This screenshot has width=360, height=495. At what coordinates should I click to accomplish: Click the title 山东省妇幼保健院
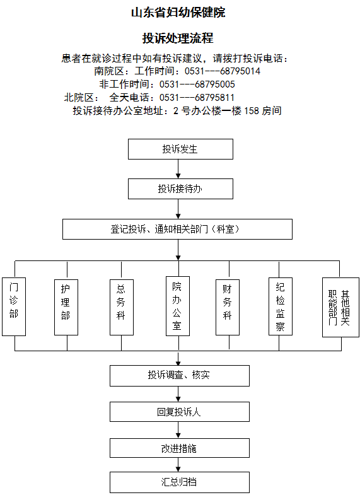pyautogui.click(x=178, y=13)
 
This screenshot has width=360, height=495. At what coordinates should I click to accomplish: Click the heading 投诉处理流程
pyautogui.click(x=178, y=38)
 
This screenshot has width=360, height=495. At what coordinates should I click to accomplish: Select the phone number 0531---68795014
pyautogui.click(x=223, y=71)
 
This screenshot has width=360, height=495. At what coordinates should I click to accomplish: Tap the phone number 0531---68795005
pyautogui.click(x=197, y=84)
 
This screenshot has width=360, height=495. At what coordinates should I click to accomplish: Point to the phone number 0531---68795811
pyautogui.click(x=197, y=98)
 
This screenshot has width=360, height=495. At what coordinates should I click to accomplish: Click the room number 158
pyautogui.click(x=252, y=111)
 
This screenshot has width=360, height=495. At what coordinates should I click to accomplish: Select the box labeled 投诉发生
pyautogui.click(x=180, y=149)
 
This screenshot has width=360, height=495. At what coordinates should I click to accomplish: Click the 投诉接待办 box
pyautogui.click(x=180, y=189)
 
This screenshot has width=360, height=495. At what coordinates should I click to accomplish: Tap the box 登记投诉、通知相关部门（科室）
pyautogui.click(x=177, y=229)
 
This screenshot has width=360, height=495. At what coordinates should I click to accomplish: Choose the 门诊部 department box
pyautogui.click(x=14, y=306)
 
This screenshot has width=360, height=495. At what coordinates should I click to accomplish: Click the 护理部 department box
pyautogui.click(x=66, y=307)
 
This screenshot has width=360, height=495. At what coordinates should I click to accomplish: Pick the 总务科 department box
pyautogui.click(x=122, y=307)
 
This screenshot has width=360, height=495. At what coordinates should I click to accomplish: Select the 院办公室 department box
pyautogui.click(x=178, y=306)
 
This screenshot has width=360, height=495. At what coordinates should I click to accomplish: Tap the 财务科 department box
pyautogui.click(x=228, y=307)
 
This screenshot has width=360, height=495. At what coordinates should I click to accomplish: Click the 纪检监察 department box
pyautogui.click(x=281, y=306)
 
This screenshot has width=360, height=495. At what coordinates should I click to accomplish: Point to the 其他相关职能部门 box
pyautogui.click(x=340, y=307)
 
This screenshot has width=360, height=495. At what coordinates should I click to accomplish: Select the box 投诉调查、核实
pyautogui.click(x=180, y=376)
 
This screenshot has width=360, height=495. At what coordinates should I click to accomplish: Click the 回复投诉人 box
pyautogui.click(x=180, y=412)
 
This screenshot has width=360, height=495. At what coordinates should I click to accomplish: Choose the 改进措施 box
pyautogui.click(x=180, y=448)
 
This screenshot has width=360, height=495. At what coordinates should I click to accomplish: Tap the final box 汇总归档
pyautogui.click(x=180, y=482)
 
